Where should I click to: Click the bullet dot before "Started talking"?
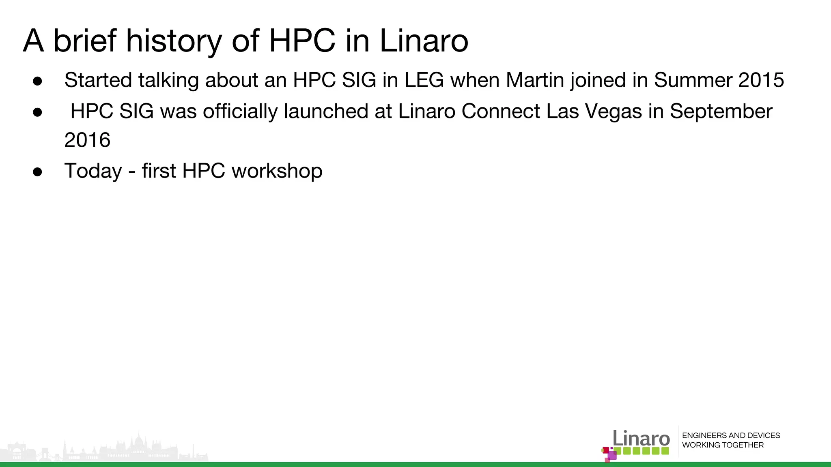[x=38, y=81]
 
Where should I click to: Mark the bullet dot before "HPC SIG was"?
[x=38, y=112]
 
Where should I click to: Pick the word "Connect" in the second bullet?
[x=500, y=111]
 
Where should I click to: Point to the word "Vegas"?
[x=613, y=111]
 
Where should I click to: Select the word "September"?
[x=721, y=111]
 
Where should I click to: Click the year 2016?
[x=87, y=140]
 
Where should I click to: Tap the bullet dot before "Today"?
[x=38, y=171]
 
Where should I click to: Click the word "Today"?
[x=93, y=171]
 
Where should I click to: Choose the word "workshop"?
[x=277, y=171]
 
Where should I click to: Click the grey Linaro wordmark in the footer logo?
[x=641, y=438]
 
